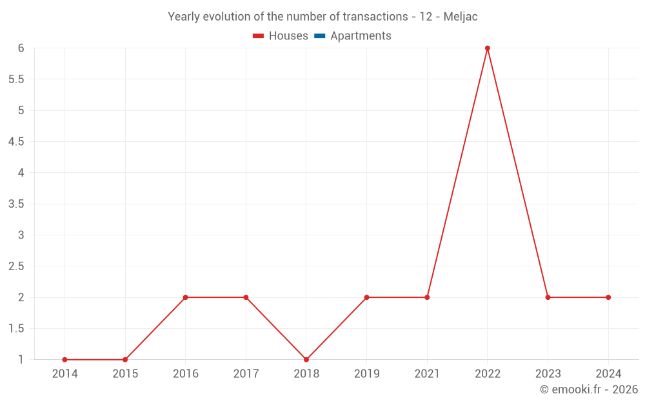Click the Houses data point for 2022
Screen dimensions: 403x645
(488, 48)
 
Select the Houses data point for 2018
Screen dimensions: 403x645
(306, 360)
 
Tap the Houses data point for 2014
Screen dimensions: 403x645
(64, 360)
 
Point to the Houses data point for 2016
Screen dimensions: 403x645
(185, 297)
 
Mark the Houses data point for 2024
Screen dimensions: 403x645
(608, 297)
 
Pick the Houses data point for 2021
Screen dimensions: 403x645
(427, 297)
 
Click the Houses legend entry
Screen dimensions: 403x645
(281, 36)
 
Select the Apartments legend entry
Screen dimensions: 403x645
(352, 36)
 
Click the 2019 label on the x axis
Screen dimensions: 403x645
(366, 373)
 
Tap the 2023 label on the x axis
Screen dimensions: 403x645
(548, 373)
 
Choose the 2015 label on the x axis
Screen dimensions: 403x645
(125, 373)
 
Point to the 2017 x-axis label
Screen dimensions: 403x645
(246, 373)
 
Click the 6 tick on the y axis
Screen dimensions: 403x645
(21, 48)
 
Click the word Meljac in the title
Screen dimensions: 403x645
(461, 17)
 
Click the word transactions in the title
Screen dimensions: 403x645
(373, 17)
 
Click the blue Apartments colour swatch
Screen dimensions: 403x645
(319, 36)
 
